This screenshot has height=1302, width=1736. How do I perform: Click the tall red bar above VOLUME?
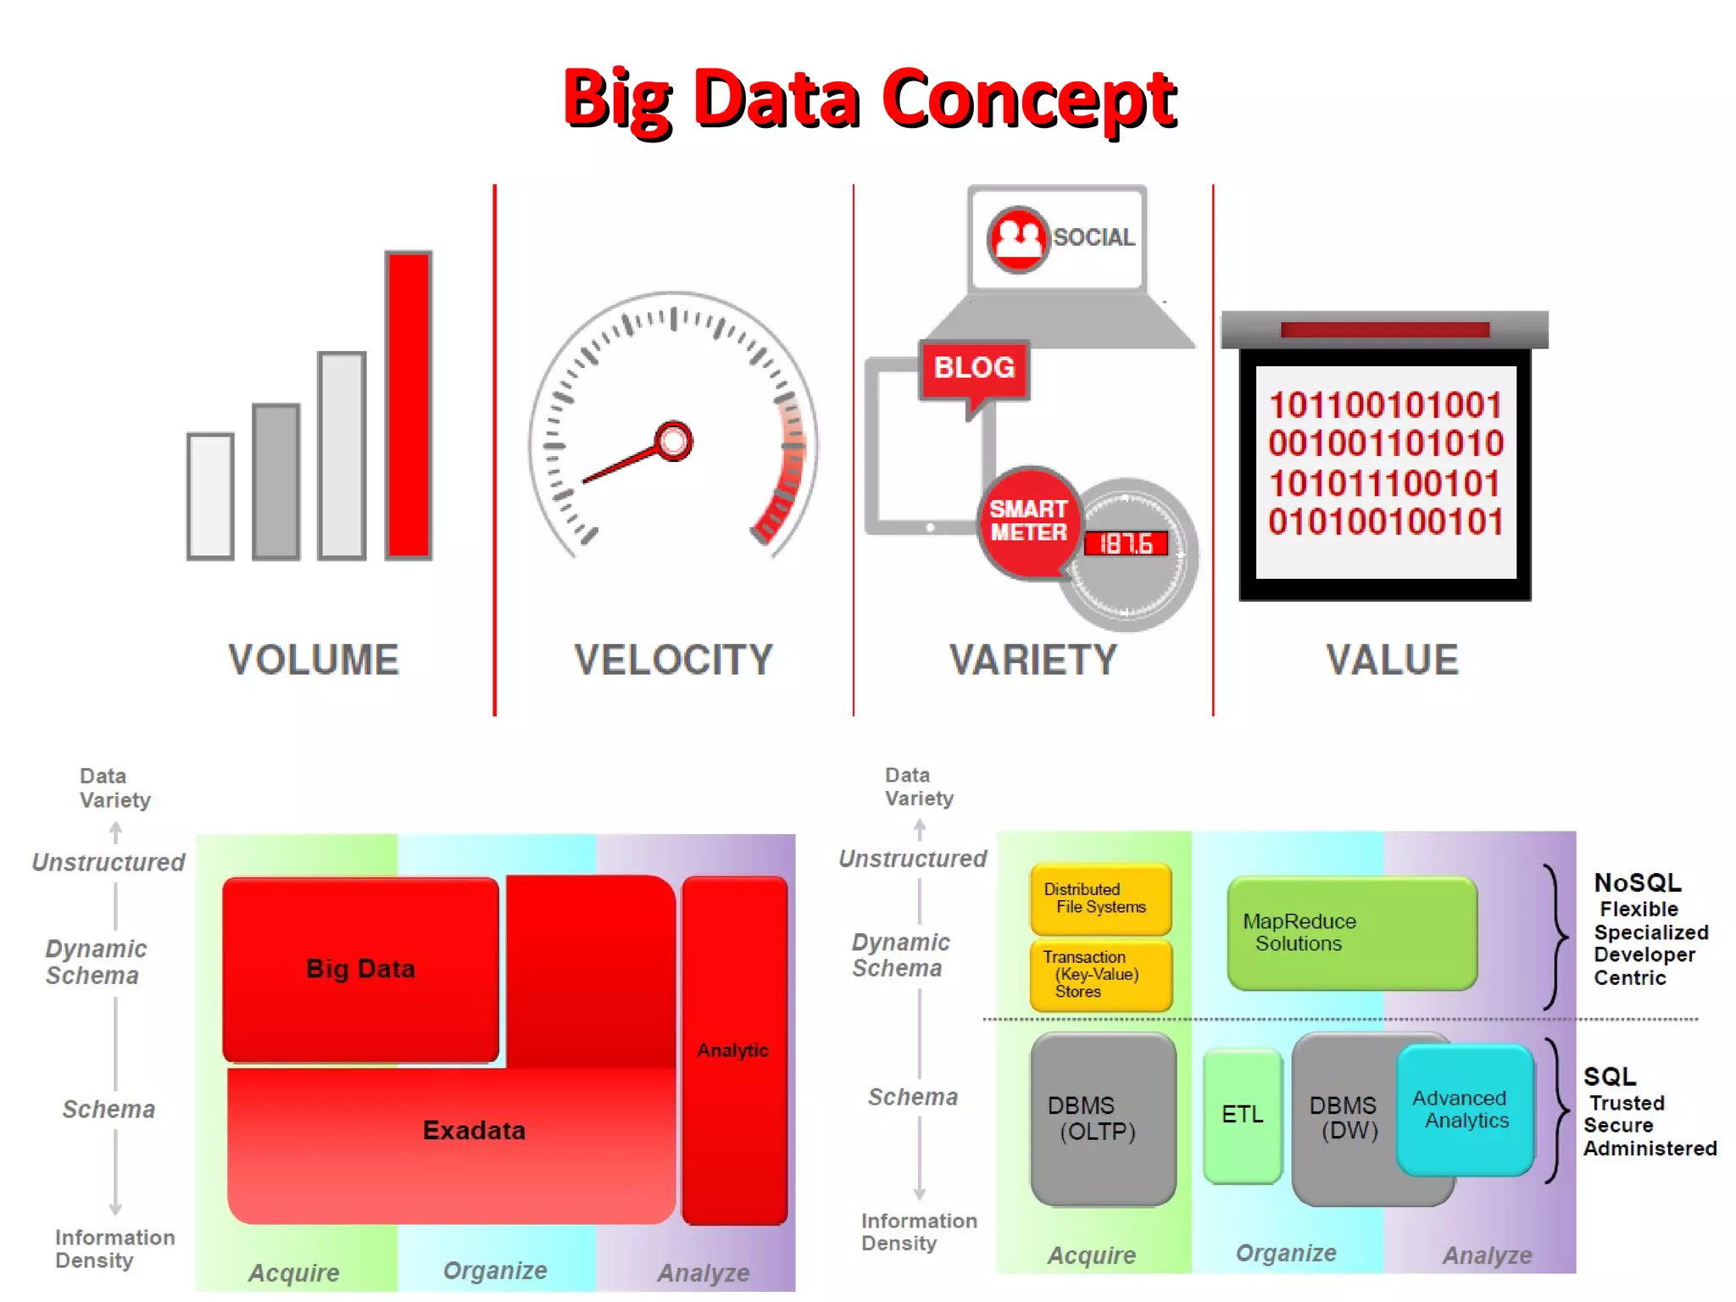click(x=409, y=405)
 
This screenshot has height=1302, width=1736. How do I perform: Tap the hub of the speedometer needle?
click(x=674, y=441)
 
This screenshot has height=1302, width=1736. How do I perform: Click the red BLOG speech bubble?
click(x=974, y=369)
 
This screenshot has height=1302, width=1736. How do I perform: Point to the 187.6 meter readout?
click(x=1126, y=543)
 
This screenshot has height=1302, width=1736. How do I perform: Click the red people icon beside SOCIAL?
click(x=1018, y=239)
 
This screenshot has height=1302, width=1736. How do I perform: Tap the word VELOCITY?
click(x=673, y=660)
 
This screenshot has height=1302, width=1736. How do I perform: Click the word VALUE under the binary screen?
click(x=1392, y=660)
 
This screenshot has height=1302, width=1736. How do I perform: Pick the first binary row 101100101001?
click(x=1385, y=405)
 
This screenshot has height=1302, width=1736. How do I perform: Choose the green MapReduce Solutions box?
click(x=1351, y=933)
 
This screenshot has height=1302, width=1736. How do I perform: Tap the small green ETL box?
click(x=1243, y=1115)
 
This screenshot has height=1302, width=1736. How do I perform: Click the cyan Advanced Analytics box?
click(x=1465, y=1110)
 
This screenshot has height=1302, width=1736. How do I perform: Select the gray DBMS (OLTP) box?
click(x=1103, y=1119)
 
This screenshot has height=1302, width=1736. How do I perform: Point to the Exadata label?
click(x=474, y=1131)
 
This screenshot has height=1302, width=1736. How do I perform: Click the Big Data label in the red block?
click(x=360, y=969)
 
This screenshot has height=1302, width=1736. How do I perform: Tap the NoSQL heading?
click(x=1638, y=883)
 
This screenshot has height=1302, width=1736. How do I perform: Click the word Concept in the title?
click(x=1029, y=99)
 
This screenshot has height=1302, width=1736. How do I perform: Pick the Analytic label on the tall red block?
click(x=733, y=1050)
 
